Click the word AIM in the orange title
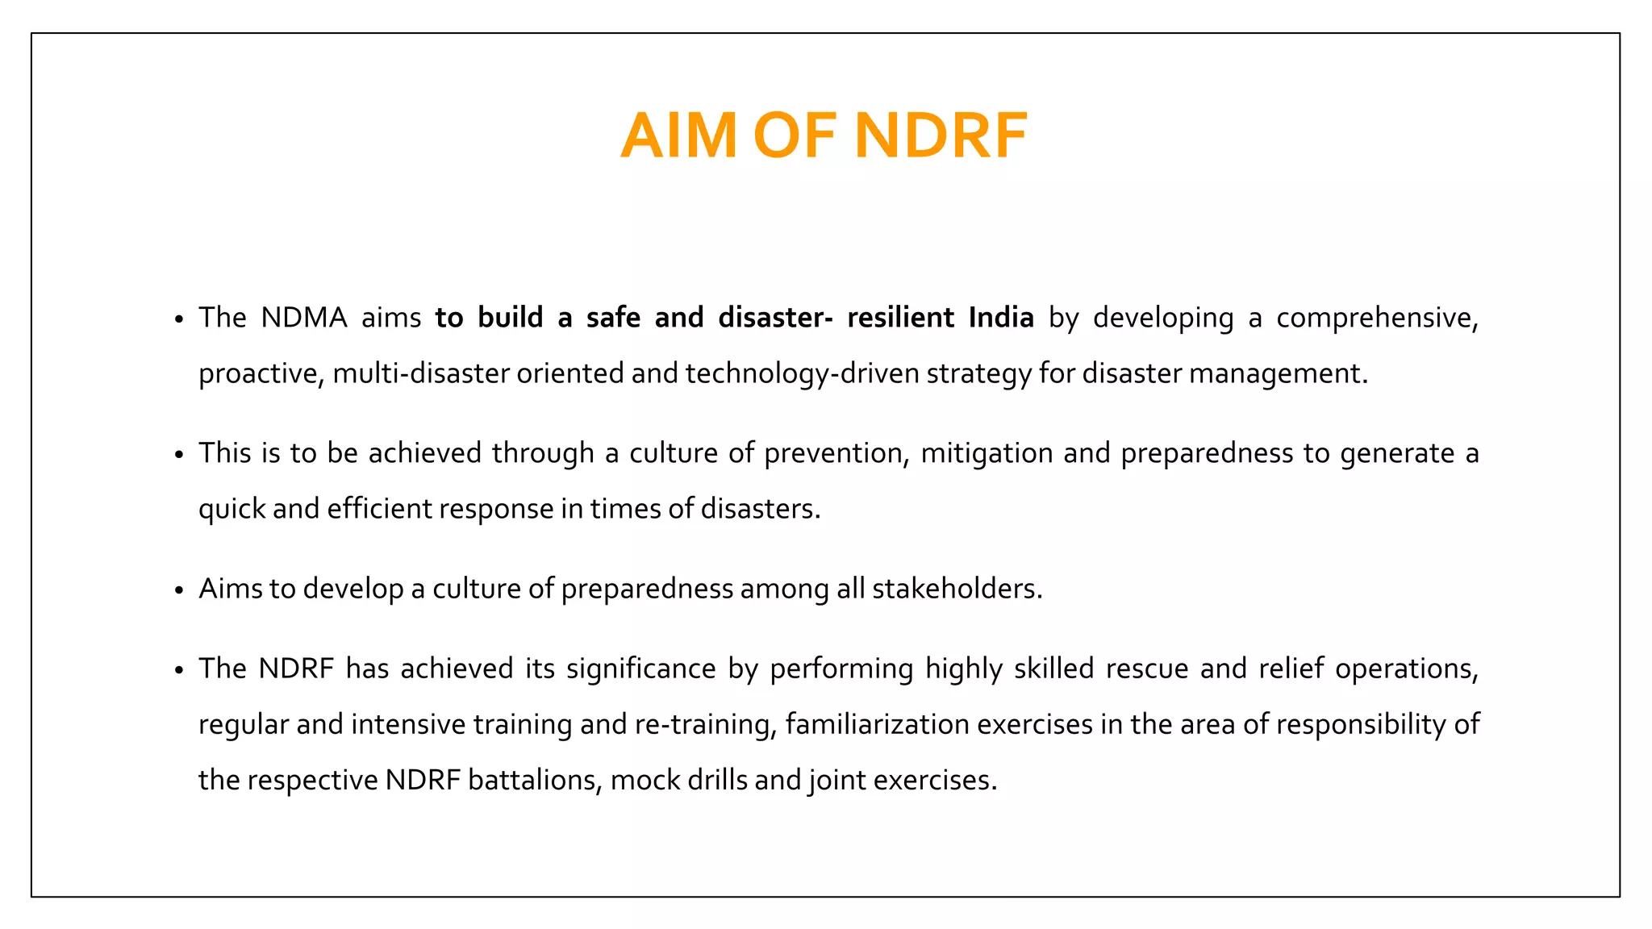[678, 135]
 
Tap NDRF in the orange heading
[941, 135]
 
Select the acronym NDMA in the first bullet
[304, 318]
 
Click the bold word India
[1001, 318]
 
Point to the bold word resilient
[901, 318]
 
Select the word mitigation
[987, 454]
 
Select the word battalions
[535, 781]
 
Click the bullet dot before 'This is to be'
[179, 456]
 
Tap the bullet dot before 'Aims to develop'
[179, 591]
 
